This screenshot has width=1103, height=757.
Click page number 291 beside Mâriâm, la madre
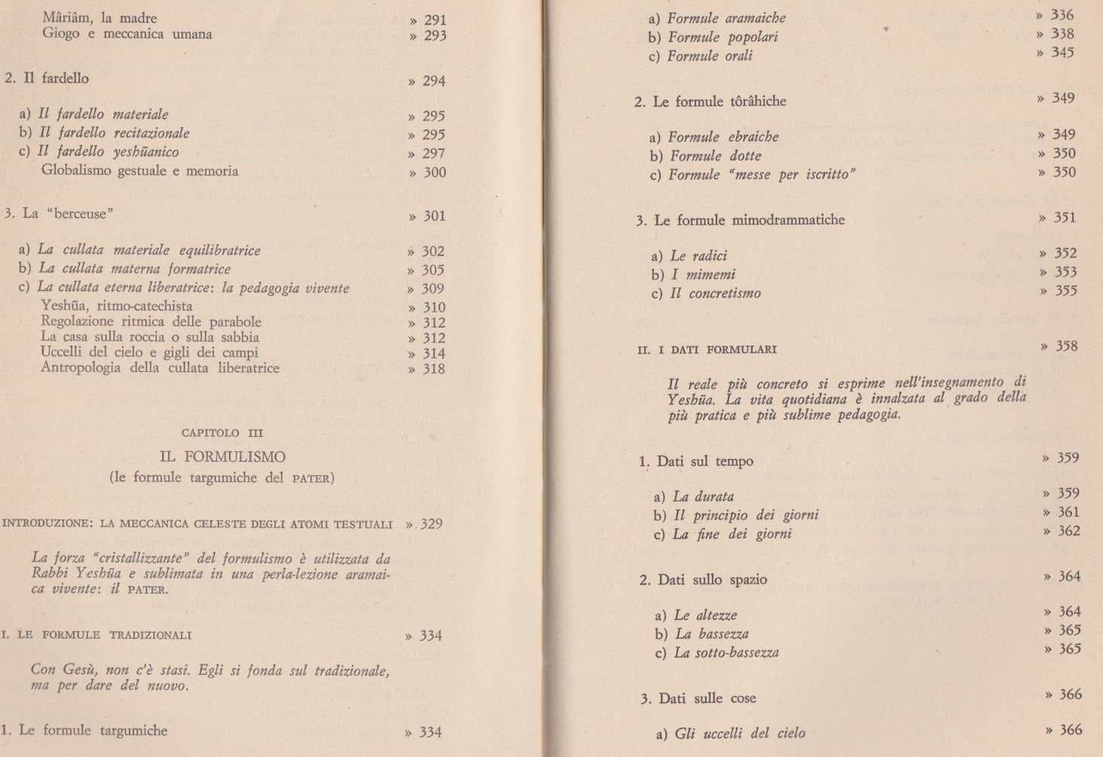(x=435, y=20)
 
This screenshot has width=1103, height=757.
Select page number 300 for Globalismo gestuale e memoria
(x=434, y=172)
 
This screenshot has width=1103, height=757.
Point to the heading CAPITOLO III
(x=222, y=433)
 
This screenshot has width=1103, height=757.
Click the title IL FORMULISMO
(x=222, y=456)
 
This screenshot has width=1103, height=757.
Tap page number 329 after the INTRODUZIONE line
(x=431, y=524)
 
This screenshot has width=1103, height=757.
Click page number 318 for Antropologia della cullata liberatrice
(x=433, y=369)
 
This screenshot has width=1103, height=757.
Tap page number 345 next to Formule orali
(x=1062, y=53)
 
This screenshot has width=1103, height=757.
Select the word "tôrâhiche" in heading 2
(x=757, y=101)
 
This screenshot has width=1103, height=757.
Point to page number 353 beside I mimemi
(x=1065, y=272)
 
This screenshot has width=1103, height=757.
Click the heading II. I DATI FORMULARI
(x=707, y=350)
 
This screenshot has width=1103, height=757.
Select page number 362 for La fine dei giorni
(x=1068, y=531)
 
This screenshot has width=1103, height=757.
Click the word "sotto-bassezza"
(x=736, y=652)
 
